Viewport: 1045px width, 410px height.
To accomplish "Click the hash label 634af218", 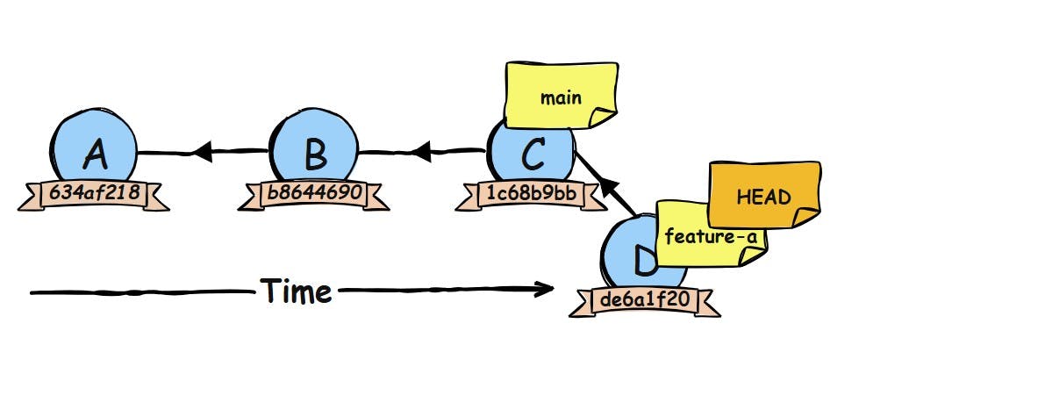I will [94, 194].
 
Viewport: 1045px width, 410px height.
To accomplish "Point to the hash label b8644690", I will [313, 194].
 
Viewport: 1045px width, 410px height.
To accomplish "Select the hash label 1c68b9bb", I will [531, 194].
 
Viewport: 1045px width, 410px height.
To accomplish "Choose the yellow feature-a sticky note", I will [711, 234].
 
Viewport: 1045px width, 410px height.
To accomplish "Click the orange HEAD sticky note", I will [764, 197].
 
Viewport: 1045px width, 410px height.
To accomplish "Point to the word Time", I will [297, 291].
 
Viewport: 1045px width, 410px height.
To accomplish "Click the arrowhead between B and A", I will [202, 153].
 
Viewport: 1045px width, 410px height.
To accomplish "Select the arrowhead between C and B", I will [421, 153].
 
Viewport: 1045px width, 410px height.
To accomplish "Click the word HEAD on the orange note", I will [764, 197].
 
